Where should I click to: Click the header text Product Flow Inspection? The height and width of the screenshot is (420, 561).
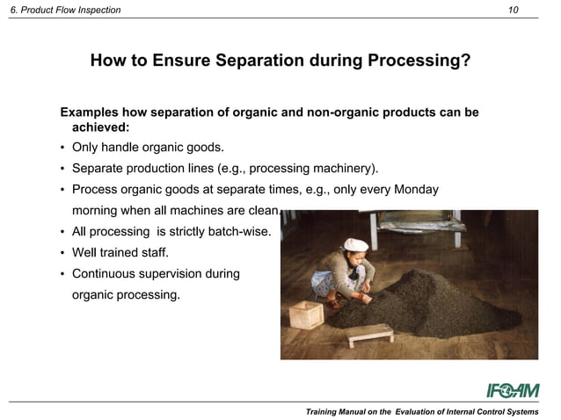[x=70, y=10]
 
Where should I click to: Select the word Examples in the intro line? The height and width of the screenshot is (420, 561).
[x=91, y=112]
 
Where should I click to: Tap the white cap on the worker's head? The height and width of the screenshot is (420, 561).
[x=355, y=244]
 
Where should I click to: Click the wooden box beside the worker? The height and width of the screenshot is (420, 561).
[x=307, y=314]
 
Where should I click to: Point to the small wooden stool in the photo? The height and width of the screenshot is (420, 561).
[x=371, y=333]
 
